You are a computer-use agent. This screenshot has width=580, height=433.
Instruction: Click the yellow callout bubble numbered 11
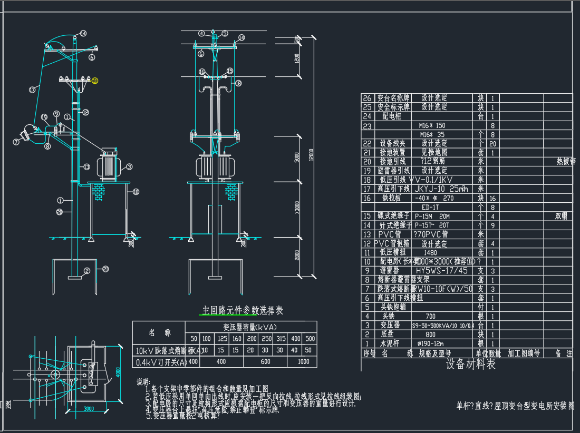pyautogui.click(x=95, y=81)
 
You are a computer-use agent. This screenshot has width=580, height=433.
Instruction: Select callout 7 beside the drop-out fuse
pyautogui.click(x=16, y=142)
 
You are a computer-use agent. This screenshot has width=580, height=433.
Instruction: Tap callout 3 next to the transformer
pyautogui.click(x=129, y=166)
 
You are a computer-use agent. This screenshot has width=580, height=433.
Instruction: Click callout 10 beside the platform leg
pyautogui.click(x=136, y=192)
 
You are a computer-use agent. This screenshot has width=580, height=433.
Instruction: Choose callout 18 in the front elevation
pyautogui.click(x=238, y=83)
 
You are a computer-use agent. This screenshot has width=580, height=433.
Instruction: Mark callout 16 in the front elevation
pyautogui.click(x=202, y=72)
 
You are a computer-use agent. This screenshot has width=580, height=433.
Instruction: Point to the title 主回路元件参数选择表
pyautogui.click(x=243, y=310)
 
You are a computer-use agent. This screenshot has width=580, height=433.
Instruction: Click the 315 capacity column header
pyautogui.click(x=281, y=338)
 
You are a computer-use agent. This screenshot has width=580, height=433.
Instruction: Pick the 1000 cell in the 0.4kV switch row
pyautogui.click(x=304, y=362)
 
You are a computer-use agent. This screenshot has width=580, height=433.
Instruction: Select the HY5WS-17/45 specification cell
pyautogui.click(x=441, y=271)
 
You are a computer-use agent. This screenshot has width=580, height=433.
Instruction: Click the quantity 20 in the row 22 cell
pyautogui.click(x=492, y=143)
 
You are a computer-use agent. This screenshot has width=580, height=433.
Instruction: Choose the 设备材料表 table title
pyautogui.click(x=470, y=364)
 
